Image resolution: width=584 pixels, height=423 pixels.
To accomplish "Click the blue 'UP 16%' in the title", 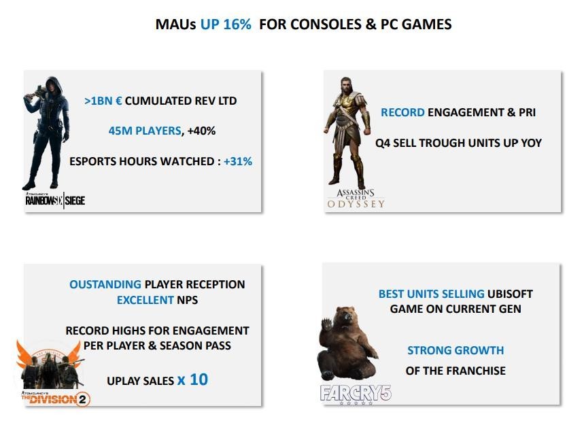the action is tap(226, 24).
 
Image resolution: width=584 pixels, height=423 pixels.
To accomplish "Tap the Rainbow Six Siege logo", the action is tap(55, 201).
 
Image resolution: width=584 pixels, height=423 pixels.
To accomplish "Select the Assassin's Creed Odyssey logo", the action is tap(356, 199).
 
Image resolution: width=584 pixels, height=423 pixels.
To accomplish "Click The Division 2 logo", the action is tap(56, 399).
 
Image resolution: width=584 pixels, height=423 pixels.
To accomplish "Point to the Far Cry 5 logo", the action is tap(356, 394).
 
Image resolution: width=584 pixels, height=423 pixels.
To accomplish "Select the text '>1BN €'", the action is tap(103, 101).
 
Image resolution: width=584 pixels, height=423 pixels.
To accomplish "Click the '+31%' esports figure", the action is tap(238, 161).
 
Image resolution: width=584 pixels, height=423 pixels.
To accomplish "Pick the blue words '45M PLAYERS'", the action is tap(145, 131).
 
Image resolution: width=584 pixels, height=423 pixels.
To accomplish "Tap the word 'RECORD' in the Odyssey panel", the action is tap(402, 112).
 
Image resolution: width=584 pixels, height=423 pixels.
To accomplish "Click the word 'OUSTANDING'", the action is tap(105, 284).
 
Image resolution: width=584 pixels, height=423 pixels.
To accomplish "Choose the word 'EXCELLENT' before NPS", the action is tap(145, 300).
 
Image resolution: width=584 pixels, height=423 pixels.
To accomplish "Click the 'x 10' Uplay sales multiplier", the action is tap(192, 379).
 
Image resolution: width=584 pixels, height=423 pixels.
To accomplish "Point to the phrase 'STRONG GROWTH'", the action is tap(456, 350).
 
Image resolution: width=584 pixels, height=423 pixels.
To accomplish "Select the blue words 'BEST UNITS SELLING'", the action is tap(431, 294).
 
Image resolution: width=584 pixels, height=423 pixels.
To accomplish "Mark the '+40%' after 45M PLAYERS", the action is tap(201, 131).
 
